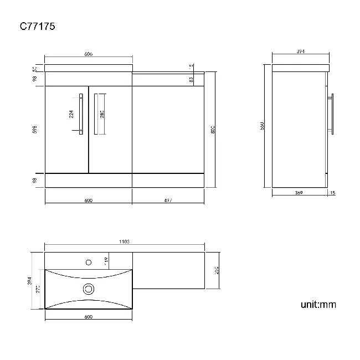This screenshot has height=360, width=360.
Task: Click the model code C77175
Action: pos(38,25)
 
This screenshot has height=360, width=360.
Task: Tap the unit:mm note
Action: pos(318,304)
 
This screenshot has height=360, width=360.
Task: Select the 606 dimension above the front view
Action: pos(88,54)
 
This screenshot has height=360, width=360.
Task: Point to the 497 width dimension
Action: pos(168,200)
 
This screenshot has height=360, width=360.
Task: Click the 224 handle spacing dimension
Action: pos(71,114)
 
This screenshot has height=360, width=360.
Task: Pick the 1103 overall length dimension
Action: pos(125,241)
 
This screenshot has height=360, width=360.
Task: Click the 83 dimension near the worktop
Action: pos(191,80)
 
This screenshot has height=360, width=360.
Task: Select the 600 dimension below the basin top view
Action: pos(88,316)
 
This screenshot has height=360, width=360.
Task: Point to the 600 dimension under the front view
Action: pos(88,200)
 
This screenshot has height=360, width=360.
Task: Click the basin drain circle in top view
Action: pos(88,288)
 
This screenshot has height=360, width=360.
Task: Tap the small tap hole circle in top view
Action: pos(88,262)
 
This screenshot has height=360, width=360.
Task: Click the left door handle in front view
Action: pos(81,114)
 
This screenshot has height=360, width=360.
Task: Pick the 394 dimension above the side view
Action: pos(301,52)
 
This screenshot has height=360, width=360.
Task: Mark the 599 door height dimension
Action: pos(35,130)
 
